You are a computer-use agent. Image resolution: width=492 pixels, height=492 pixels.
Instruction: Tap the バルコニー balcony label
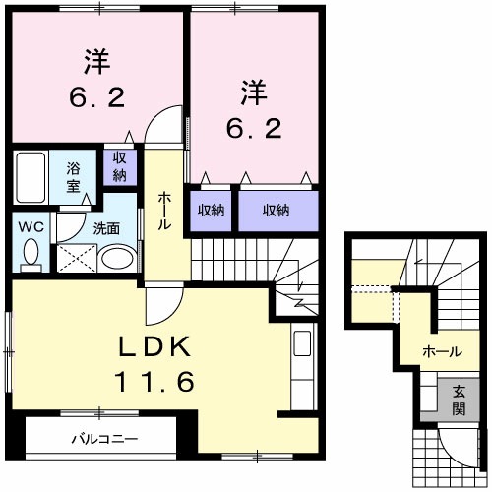[103, 438]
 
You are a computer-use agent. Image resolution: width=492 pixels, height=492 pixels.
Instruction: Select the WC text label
[31, 225]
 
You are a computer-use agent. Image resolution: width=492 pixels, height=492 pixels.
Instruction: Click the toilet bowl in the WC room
[31, 254]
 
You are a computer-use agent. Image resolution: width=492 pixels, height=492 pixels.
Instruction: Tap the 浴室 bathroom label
[73, 177]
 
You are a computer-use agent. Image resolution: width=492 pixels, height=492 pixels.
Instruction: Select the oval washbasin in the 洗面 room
[119, 261]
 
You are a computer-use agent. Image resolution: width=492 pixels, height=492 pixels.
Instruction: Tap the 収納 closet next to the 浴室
[119, 165]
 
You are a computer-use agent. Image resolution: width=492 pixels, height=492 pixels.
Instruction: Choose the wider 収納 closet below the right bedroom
[277, 210]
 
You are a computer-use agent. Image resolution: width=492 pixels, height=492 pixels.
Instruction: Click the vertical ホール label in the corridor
[165, 211]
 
